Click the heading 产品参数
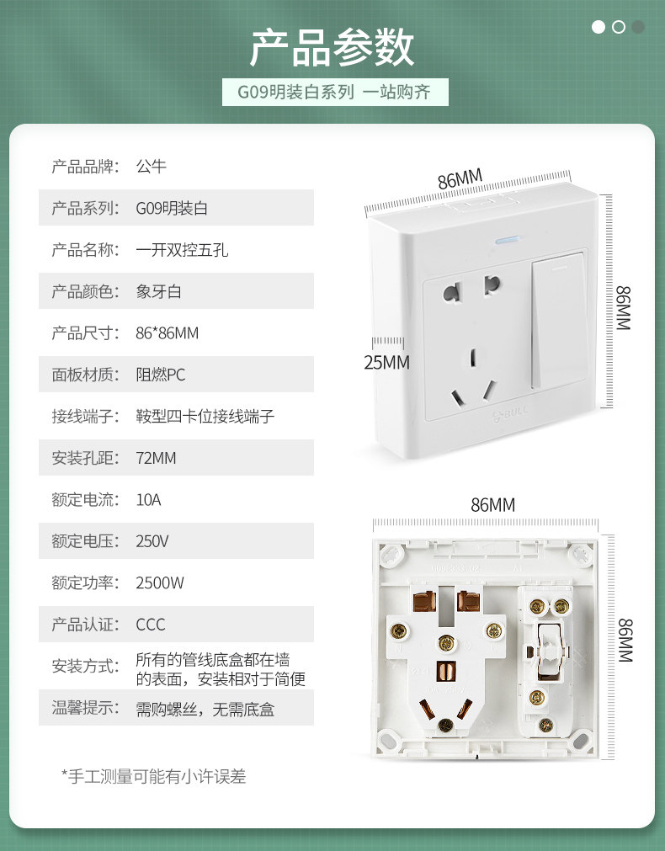tap(332, 47)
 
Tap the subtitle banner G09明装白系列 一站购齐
tap(335, 92)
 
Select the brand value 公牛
tap(151, 166)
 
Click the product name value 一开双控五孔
tap(182, 250)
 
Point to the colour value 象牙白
tap(158, 291)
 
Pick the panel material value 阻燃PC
tap(161, 375)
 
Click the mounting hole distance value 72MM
tap(156, 458)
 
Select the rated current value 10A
tap(148, 499)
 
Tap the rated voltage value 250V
tap(152, 541)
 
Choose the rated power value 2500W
tap(160, 582)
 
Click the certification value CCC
tap(151, 625)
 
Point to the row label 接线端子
tap(85, 417)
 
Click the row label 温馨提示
tap(85, 708)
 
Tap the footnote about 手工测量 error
tap(154, 777)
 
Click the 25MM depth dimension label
tap(386, 362)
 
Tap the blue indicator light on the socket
tap(508, 239)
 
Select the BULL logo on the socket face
tap(510, 413)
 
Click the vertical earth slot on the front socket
tap(473, 357)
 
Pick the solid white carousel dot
tap(598, 27)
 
